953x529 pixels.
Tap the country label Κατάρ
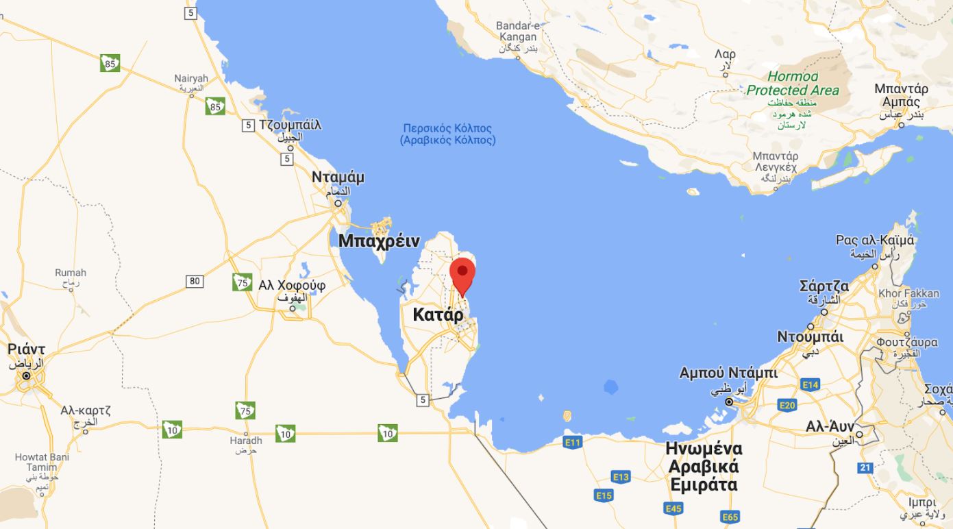coord(438,315)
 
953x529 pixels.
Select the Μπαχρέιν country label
coord(378,241)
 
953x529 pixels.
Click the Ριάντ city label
coord(26,349)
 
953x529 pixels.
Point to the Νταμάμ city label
coord(338,177)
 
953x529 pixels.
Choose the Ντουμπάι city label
coord(810,337)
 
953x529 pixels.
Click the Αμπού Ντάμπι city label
coord(728,373)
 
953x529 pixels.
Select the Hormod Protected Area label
coord(793,83)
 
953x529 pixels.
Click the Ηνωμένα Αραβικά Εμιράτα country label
coord(704,467)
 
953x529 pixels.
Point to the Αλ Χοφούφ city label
coord(292,285)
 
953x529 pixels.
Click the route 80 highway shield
coord(195,281)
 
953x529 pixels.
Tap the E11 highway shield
coord(573,443)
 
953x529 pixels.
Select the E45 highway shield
coord(673,508)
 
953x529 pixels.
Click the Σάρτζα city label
coord(824,286)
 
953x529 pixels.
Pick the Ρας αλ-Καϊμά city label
coord(875,241)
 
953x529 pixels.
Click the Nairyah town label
coord(191,79)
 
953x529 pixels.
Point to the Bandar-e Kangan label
coord(518,31)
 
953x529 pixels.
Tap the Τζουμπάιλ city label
coord(290,125)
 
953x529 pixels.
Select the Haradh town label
coord(246,441)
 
